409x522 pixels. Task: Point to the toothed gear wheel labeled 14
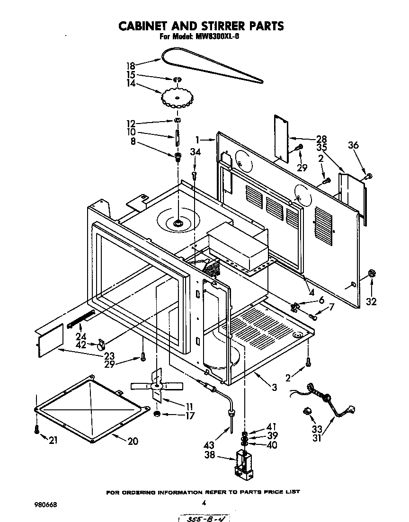click(x=178, y=97)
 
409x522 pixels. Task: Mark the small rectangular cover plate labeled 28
click(x=281, y=137)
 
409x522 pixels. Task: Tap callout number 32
click(x=372, y=301)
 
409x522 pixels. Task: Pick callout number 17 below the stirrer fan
click(x=190, y=416)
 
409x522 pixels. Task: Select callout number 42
click(x=81, y=345)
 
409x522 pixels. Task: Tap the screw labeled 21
click(x=36, y=429)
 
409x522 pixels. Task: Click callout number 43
click(x=208, y=445)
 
